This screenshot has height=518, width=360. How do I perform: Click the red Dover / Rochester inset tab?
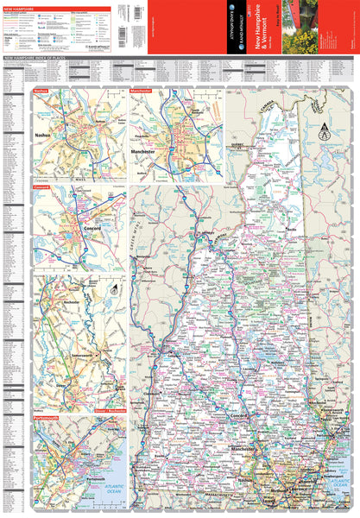point(110,410)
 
